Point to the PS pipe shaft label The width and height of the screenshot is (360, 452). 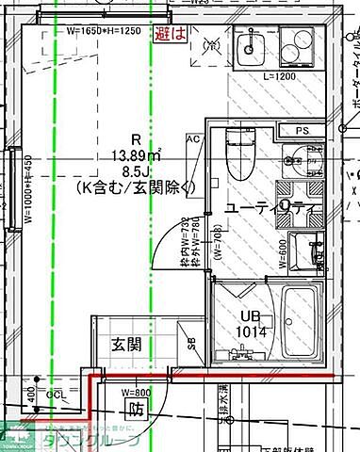click(x=303, y=130)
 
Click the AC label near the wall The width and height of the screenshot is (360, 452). click(x=194, y=138)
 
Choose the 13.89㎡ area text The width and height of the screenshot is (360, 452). click(x=137, y=154)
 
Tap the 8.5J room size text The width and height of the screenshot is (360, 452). click(x=136, y=171)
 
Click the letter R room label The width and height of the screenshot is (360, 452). click(x=136, y=138)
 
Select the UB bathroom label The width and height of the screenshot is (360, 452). click(x=249, y=315)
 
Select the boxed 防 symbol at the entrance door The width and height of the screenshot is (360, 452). click(x=136, y=410)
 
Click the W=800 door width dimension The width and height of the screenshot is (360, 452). click(x=136, y=391)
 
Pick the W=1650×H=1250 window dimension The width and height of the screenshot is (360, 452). click(x=103, y=30)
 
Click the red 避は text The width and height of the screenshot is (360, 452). click(x=171, y=35)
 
